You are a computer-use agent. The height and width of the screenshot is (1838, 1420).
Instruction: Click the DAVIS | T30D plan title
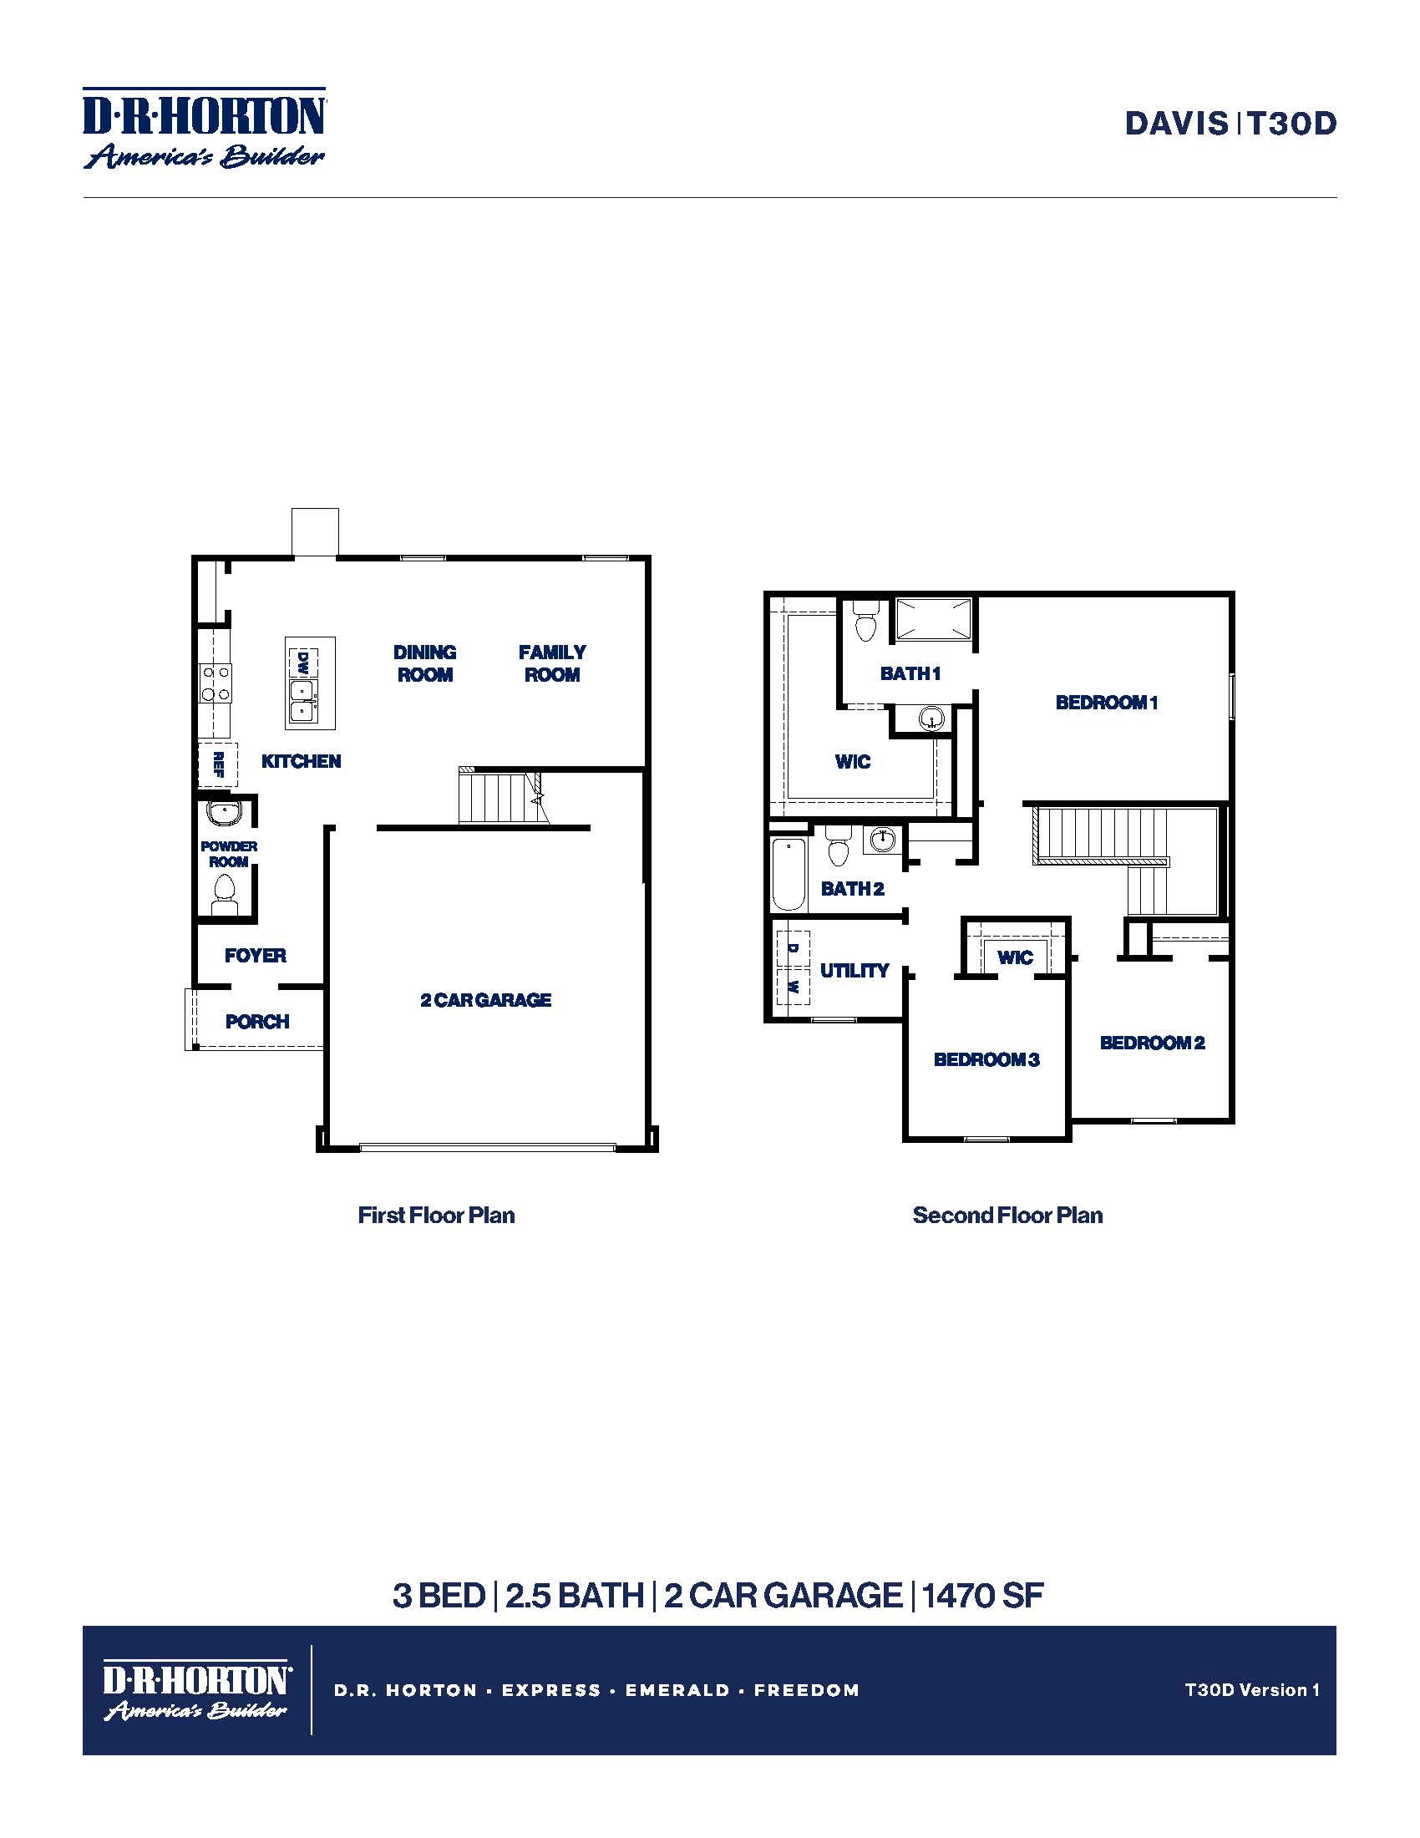click(1230, 124)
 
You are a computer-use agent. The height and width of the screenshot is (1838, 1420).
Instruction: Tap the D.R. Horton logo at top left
click(204, 128)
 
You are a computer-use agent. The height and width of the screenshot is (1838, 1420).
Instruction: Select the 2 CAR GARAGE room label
click(485, 1000)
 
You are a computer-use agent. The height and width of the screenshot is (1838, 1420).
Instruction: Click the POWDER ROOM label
click(228, 853)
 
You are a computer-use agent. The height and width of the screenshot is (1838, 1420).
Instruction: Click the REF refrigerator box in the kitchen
click(218, 764)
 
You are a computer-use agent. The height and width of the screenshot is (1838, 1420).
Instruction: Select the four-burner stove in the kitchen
click(216, 683)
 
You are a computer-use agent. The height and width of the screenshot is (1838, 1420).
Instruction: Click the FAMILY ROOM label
click(552, 663)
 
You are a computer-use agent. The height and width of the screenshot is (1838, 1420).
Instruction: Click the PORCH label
click(257, 1022)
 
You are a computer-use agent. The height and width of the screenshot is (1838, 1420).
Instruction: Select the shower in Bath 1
click(932, 619)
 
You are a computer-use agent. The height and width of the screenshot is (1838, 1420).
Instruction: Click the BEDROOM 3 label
click(986, 1059)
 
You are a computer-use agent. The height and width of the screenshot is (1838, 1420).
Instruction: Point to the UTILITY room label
click(854, 970)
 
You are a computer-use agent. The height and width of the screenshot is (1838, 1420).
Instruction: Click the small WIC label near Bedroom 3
click(1015, 957)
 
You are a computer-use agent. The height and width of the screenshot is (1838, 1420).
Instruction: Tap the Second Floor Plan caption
click(1007, 1216)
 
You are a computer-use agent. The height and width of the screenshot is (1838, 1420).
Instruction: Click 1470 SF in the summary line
click(982, 1595)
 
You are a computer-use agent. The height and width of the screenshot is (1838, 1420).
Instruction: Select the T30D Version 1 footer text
click(1252, 1689)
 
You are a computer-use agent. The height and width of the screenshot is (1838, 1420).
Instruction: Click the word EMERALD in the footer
click(677, 1690)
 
